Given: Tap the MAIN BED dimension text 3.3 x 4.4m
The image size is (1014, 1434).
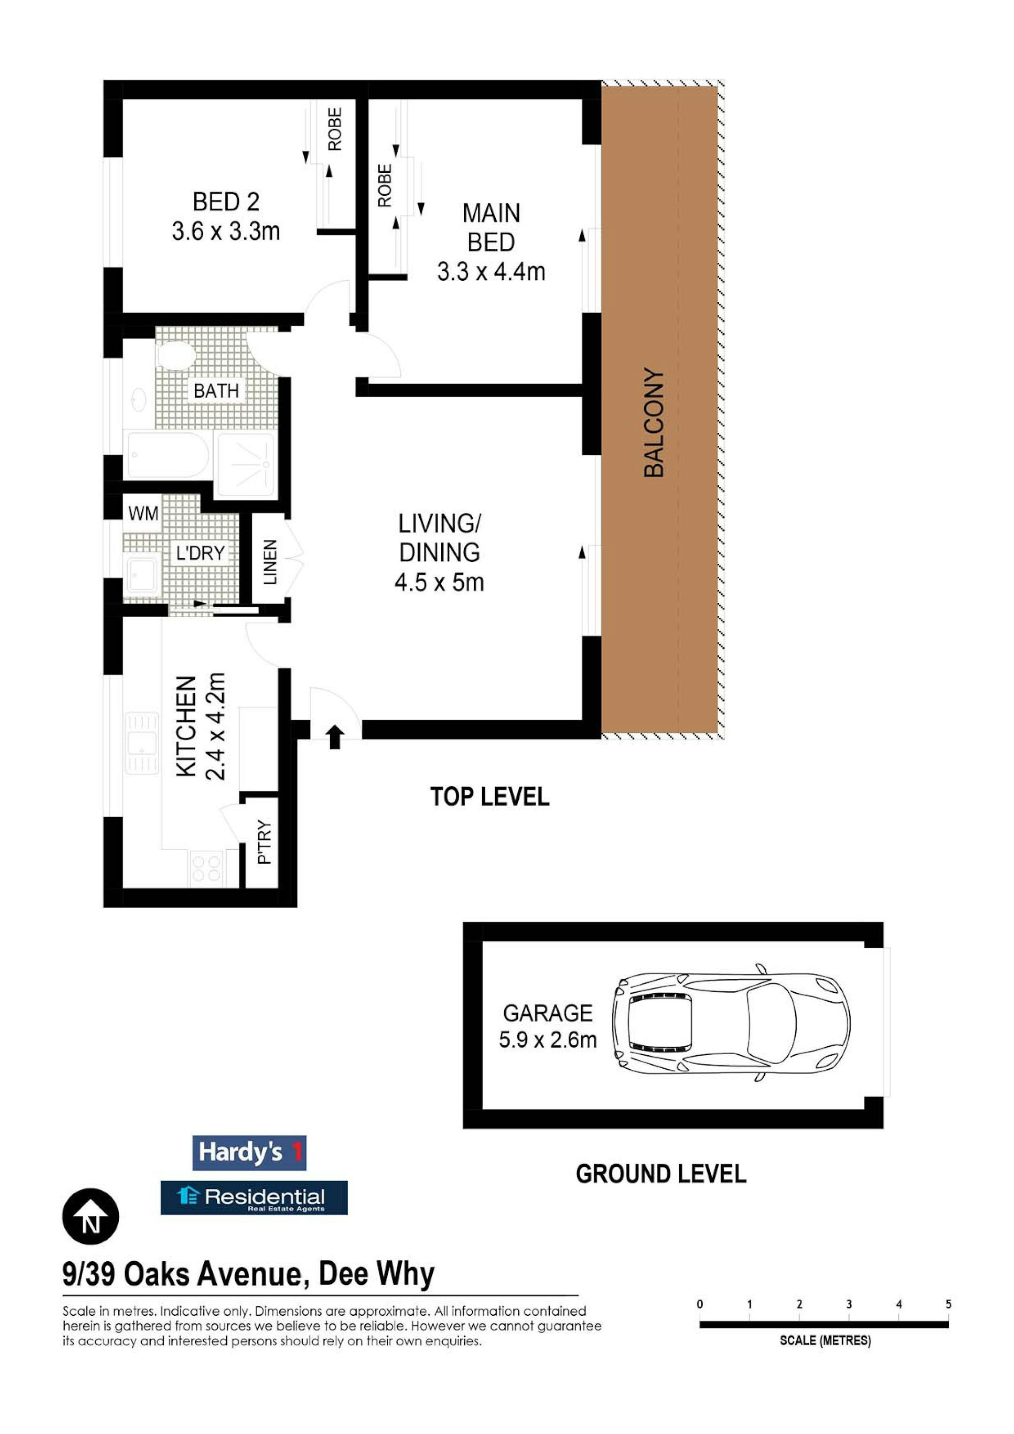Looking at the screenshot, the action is pos(491,272).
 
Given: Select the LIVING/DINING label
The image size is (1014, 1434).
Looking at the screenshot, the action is pos(440,538).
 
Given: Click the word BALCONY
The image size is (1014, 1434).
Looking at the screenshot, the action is pos(654,423).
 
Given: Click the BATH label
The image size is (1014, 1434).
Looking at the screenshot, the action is pos(216,391).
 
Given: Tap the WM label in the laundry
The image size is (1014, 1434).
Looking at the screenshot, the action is pos(144,514).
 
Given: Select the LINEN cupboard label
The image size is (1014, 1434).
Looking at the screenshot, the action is pos(270,562).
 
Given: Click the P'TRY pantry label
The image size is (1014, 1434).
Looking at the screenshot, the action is pos(265,842).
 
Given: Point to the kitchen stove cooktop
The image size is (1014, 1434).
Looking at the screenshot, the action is pos(207,868).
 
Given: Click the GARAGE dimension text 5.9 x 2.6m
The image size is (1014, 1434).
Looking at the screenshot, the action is pos(547,1040).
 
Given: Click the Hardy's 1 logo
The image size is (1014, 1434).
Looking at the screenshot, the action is pos(249,1152).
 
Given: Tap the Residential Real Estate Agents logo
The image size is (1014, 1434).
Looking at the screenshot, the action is pos(254,1198).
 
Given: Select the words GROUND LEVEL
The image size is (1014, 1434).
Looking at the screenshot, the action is pos(661,1174).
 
